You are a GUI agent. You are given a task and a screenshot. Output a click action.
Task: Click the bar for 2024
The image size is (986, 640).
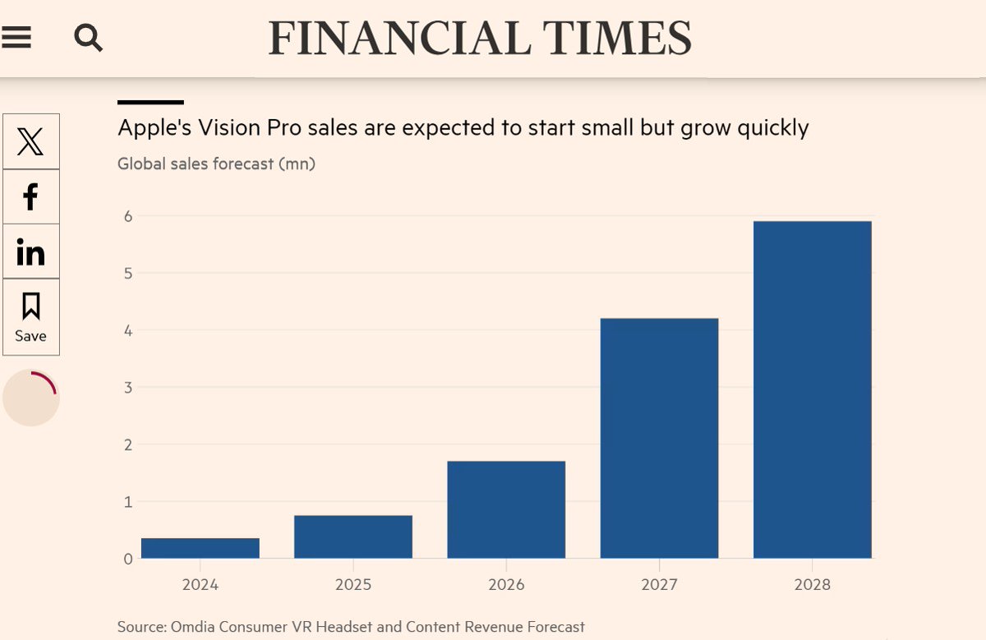click(x=200, y=548)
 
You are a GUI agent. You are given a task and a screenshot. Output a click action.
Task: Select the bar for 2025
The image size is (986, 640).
click(x=353, y=536)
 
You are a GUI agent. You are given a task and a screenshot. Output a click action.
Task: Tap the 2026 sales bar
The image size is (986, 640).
click(x=506, y=509)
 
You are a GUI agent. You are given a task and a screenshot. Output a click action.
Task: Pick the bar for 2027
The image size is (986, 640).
click(x=659, y=438)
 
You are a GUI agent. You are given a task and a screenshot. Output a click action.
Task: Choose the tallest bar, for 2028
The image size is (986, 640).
click(x=812, y=389)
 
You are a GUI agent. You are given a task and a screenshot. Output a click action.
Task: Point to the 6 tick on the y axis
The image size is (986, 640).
click(x=128, y=216)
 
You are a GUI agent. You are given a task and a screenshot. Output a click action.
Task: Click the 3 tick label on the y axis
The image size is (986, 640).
click(x=128, y=387)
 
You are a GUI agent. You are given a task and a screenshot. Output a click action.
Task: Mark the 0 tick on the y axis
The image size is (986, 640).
click(x=128, y=559)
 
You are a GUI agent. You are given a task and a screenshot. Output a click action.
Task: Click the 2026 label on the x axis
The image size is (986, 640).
click(x=506, y=585)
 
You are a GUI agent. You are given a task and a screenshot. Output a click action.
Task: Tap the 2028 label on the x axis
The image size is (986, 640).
click(x=812, y=585)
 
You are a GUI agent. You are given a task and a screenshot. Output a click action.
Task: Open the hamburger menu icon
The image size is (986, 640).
click(x=16, y=37)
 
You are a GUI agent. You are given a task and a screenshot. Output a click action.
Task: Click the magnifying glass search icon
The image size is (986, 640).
click(x=88, y=37)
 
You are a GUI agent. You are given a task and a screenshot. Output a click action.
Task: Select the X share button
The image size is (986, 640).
click(x=31, y=142)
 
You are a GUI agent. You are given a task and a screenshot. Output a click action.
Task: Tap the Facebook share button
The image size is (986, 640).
click(x=31, y=196)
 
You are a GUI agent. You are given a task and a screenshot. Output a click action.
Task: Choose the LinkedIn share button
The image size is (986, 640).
click(x=31, y=251)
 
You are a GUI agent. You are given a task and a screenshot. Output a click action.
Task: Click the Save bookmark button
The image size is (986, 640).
click(x=31, y=317)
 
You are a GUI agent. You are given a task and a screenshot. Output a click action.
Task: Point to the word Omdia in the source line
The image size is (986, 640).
click(x=194, y=627)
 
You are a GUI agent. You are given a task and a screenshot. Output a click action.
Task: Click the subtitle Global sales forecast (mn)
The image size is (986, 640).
click(x=216, y=163)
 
